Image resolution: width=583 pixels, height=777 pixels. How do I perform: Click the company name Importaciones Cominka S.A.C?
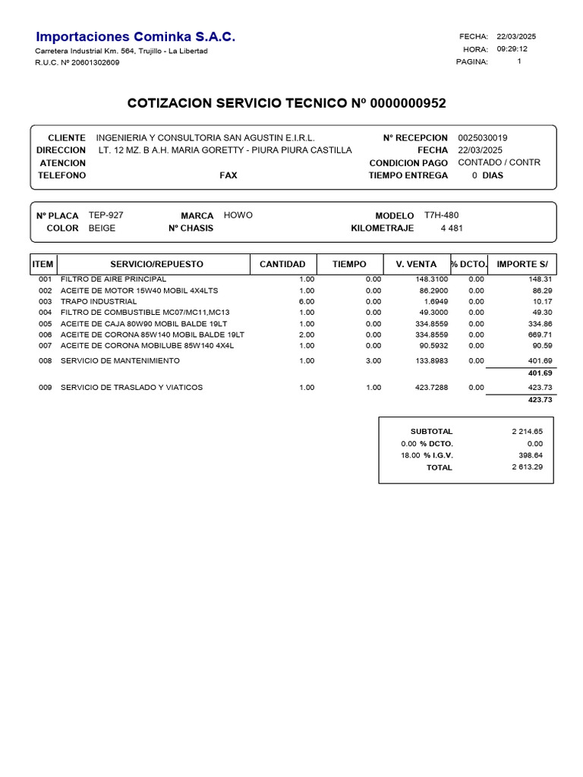pyautogui.click(x=136, y=36)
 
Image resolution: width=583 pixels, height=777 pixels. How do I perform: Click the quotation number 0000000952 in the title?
pyautogui.click(x=408, y=102)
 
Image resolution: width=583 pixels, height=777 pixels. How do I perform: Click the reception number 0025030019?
pyautogui.click(x=483, y=138)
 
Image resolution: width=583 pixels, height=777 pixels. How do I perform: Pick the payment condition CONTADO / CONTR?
pyautogui.click(x=499, y=162)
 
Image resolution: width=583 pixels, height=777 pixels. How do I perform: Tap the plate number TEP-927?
pyautogui.click(x=106, y=215)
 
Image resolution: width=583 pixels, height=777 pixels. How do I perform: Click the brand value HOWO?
pyautogui.click(x=238, y=215)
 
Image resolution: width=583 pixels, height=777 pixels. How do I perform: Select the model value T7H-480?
pyautogui.click(x=441, y=215)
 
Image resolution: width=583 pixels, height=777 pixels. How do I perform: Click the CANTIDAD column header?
pyautogui.click(x=282, y=264)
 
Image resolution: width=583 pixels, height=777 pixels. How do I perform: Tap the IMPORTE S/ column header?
pyautogui.click(x=522, y=264)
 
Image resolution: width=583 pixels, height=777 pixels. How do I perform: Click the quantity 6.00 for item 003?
pyautogui.click(x=306, y=301)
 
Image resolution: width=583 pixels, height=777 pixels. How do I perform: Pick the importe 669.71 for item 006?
pyautogui.click(x=539, y=334)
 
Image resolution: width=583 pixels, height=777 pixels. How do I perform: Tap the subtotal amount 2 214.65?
pyautogui.click(x=527, y=431)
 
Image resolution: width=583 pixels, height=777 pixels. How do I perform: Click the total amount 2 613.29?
pyautogui.click(x=527, y=467)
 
